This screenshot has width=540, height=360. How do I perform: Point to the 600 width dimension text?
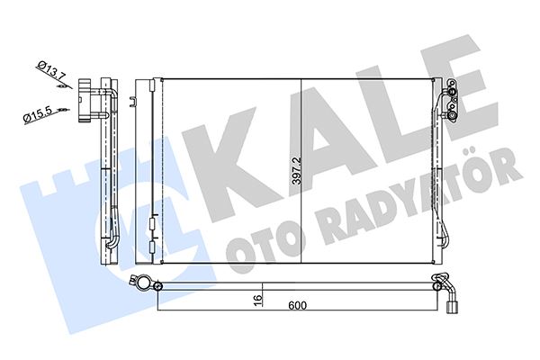coord(296,306)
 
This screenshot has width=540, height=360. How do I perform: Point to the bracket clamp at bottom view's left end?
coord(143,284)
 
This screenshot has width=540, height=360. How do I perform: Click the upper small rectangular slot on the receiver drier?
coord(154,218)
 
